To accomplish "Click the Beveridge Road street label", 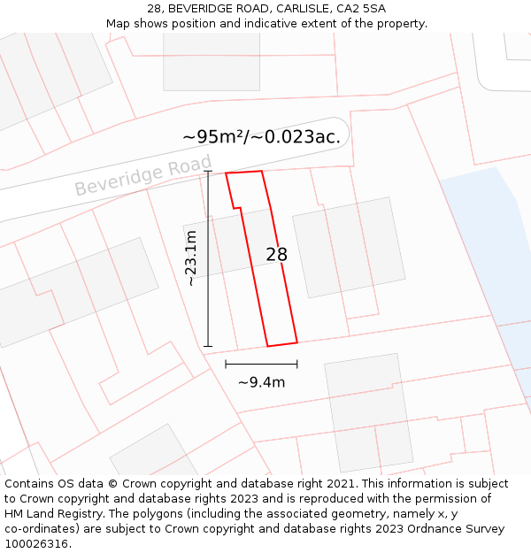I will [x=143, y=175].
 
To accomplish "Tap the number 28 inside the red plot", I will [x=276, y=255].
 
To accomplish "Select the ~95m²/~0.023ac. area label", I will [x=261, y=136].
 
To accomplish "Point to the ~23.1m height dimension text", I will [x=191, y=257].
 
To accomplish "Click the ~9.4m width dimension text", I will [x=261, y=382].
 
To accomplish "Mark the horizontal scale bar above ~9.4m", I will [x=261, y=364].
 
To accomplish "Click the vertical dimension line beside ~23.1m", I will [x=209, y=257].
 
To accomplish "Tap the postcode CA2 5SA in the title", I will [x=361, y=9].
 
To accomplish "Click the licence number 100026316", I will [x=37, y=544].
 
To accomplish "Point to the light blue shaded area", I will [x=491, y=248].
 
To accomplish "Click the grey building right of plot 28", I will [x=342, y=247].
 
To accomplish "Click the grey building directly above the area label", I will [x=212, y=61].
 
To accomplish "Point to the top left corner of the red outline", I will [x=226, y=173].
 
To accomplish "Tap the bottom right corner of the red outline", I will [x=296, y=342].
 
